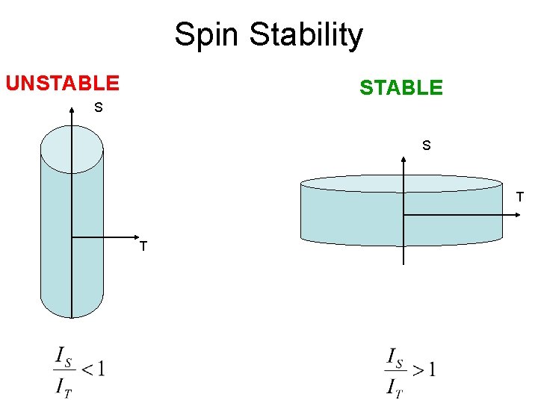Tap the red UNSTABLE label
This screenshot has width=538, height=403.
[x=62, y=82]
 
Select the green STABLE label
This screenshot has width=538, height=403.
[x=401, y=88]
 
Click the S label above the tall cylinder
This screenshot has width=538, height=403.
[x=98, y=108]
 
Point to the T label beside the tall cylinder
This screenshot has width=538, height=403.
[x=143, y=246]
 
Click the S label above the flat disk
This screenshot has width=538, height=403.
[x=426, y=146]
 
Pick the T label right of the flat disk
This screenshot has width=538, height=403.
[x=520, y=198]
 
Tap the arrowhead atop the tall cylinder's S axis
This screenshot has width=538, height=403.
[x=72, y=111]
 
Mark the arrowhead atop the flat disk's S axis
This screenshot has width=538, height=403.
[x=403, y=157]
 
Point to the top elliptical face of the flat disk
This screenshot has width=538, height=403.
[x=401, y=184]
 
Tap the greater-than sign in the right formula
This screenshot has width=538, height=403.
[x=418, y=369]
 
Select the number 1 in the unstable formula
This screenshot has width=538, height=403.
[x=100, y=368]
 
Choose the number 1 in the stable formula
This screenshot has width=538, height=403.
[x=432, y=368]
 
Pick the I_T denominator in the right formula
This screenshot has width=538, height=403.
[x=395, y=387]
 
